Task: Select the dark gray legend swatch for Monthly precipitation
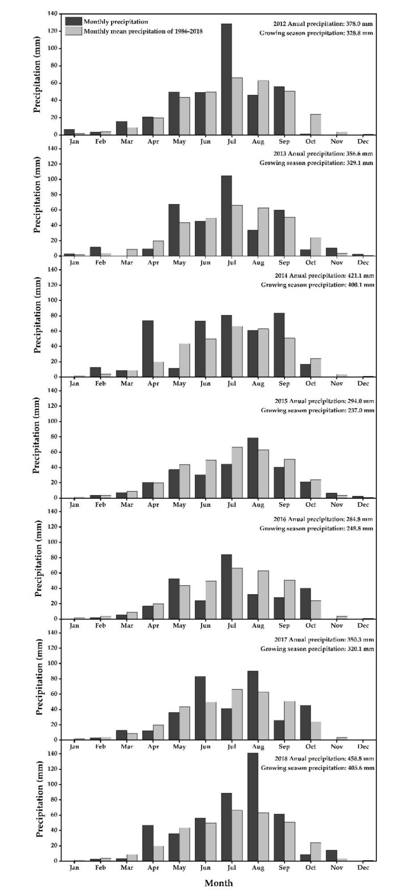73,21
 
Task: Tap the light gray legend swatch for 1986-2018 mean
73,31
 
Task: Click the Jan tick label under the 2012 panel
74,142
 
